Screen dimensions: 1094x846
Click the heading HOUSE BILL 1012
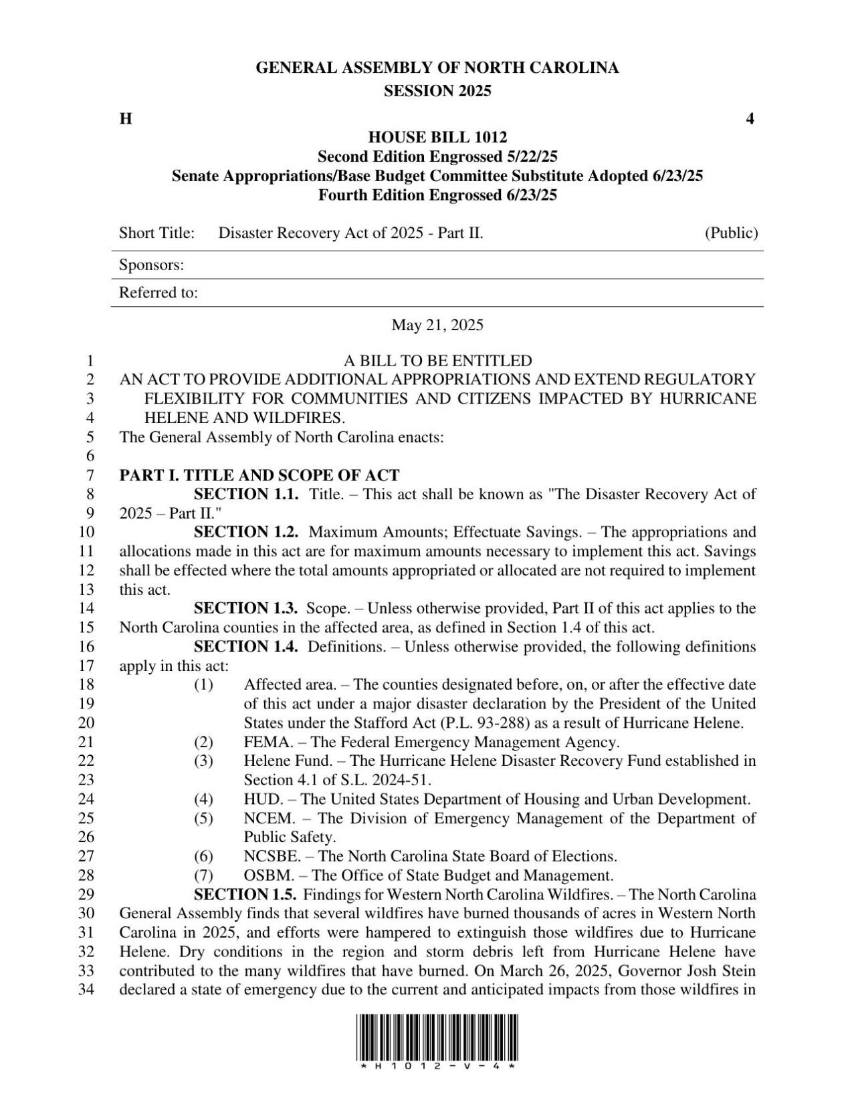[437, 138]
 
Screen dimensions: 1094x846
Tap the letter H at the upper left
[125, 120]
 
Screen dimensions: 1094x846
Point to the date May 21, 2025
[437, 325]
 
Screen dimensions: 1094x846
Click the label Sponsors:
[151, 265]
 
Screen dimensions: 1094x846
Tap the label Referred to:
[158, 293]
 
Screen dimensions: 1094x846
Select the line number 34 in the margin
[88, 990]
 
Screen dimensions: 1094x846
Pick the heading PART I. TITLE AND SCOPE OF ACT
[259, 476]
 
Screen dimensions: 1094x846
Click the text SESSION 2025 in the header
[437, 92]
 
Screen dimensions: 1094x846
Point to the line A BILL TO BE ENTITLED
[437, 361]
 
